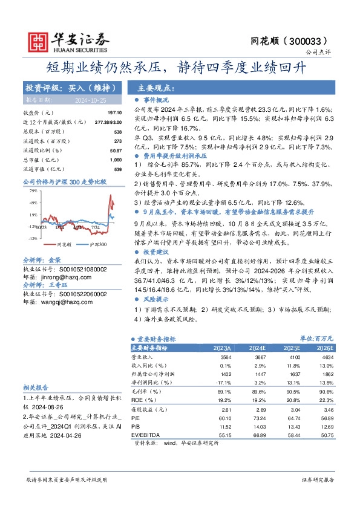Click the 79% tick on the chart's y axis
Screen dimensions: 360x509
point(33,190)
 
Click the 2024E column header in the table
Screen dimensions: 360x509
point(257,348)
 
